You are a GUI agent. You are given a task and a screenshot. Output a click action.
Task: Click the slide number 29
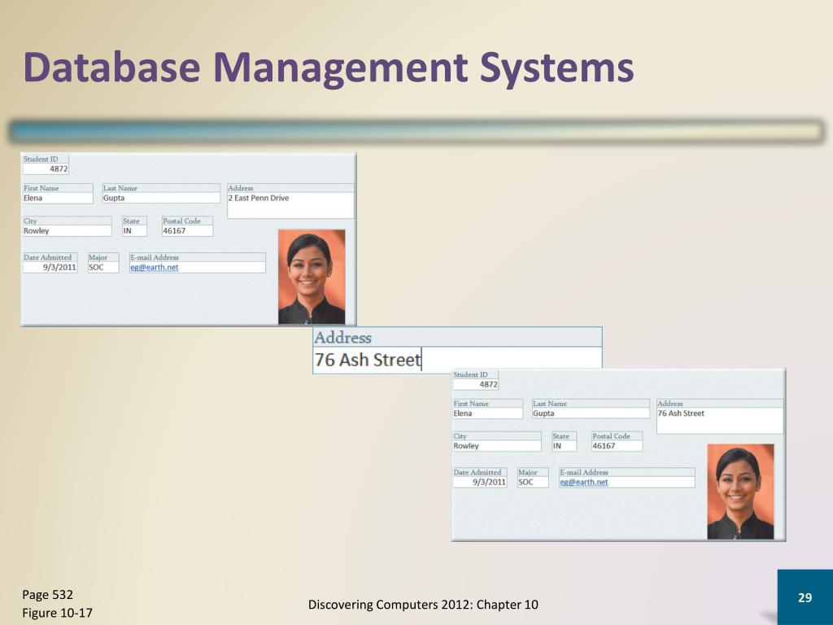coord(805,598)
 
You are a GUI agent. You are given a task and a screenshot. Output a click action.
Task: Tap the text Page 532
coord(48,594)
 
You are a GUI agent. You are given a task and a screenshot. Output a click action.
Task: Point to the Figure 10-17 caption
coord(57,613)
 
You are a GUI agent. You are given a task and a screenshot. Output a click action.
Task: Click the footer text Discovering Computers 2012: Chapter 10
coord(423,604)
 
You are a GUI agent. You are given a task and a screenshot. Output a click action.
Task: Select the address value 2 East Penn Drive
coord(258,198)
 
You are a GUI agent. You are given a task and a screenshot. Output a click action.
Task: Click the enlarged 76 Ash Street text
coord(368,360)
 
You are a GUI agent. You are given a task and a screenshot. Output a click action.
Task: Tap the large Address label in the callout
coord(342,338)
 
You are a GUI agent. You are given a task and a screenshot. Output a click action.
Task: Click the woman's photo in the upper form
coord(312,277)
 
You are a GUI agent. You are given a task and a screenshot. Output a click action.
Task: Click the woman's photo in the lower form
coord(740,492)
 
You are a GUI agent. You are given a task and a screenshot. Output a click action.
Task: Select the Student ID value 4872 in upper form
coord(58,169)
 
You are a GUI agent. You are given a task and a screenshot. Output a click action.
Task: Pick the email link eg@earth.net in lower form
coord(583,482)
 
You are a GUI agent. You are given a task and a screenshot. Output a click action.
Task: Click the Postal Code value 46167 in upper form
coord(174,230)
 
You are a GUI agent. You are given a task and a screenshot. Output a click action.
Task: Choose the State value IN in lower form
coord(557,446)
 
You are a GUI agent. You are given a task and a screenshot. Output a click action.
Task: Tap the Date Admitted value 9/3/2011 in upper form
coord(59,267)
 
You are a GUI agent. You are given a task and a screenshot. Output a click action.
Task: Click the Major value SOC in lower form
coord(526,482)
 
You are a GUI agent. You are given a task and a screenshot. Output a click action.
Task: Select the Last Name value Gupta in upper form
coord(114,198)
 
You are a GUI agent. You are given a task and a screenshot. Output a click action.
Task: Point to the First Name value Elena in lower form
coord(463,413)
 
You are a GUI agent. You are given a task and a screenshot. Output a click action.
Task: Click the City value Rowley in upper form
coord(37,230)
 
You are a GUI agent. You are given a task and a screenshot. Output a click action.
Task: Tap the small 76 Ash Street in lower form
coord(681,413)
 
